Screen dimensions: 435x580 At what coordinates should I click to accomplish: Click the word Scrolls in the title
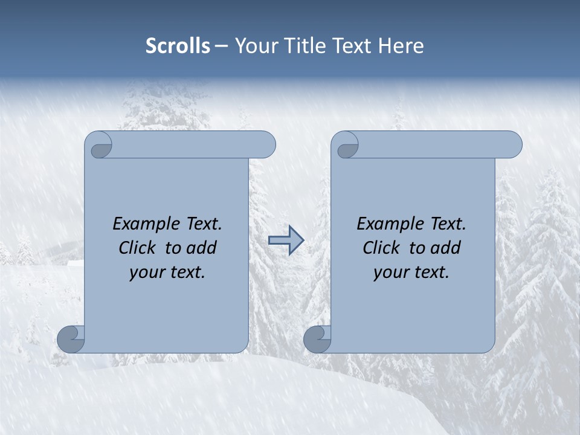coord(178,46)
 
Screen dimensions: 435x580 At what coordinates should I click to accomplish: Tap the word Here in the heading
coord(401,46)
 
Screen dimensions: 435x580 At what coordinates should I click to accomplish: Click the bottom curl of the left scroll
coord(71,339)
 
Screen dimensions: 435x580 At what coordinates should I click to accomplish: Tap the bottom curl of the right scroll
coord(317,339)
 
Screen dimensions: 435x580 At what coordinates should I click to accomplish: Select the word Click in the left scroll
coord(137,248)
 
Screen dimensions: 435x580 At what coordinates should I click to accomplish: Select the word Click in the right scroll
coord(381,248)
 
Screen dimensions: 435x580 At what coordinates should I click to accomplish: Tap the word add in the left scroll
coord(202,248)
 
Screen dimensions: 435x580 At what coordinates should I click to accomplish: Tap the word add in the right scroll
coord(446,248)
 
